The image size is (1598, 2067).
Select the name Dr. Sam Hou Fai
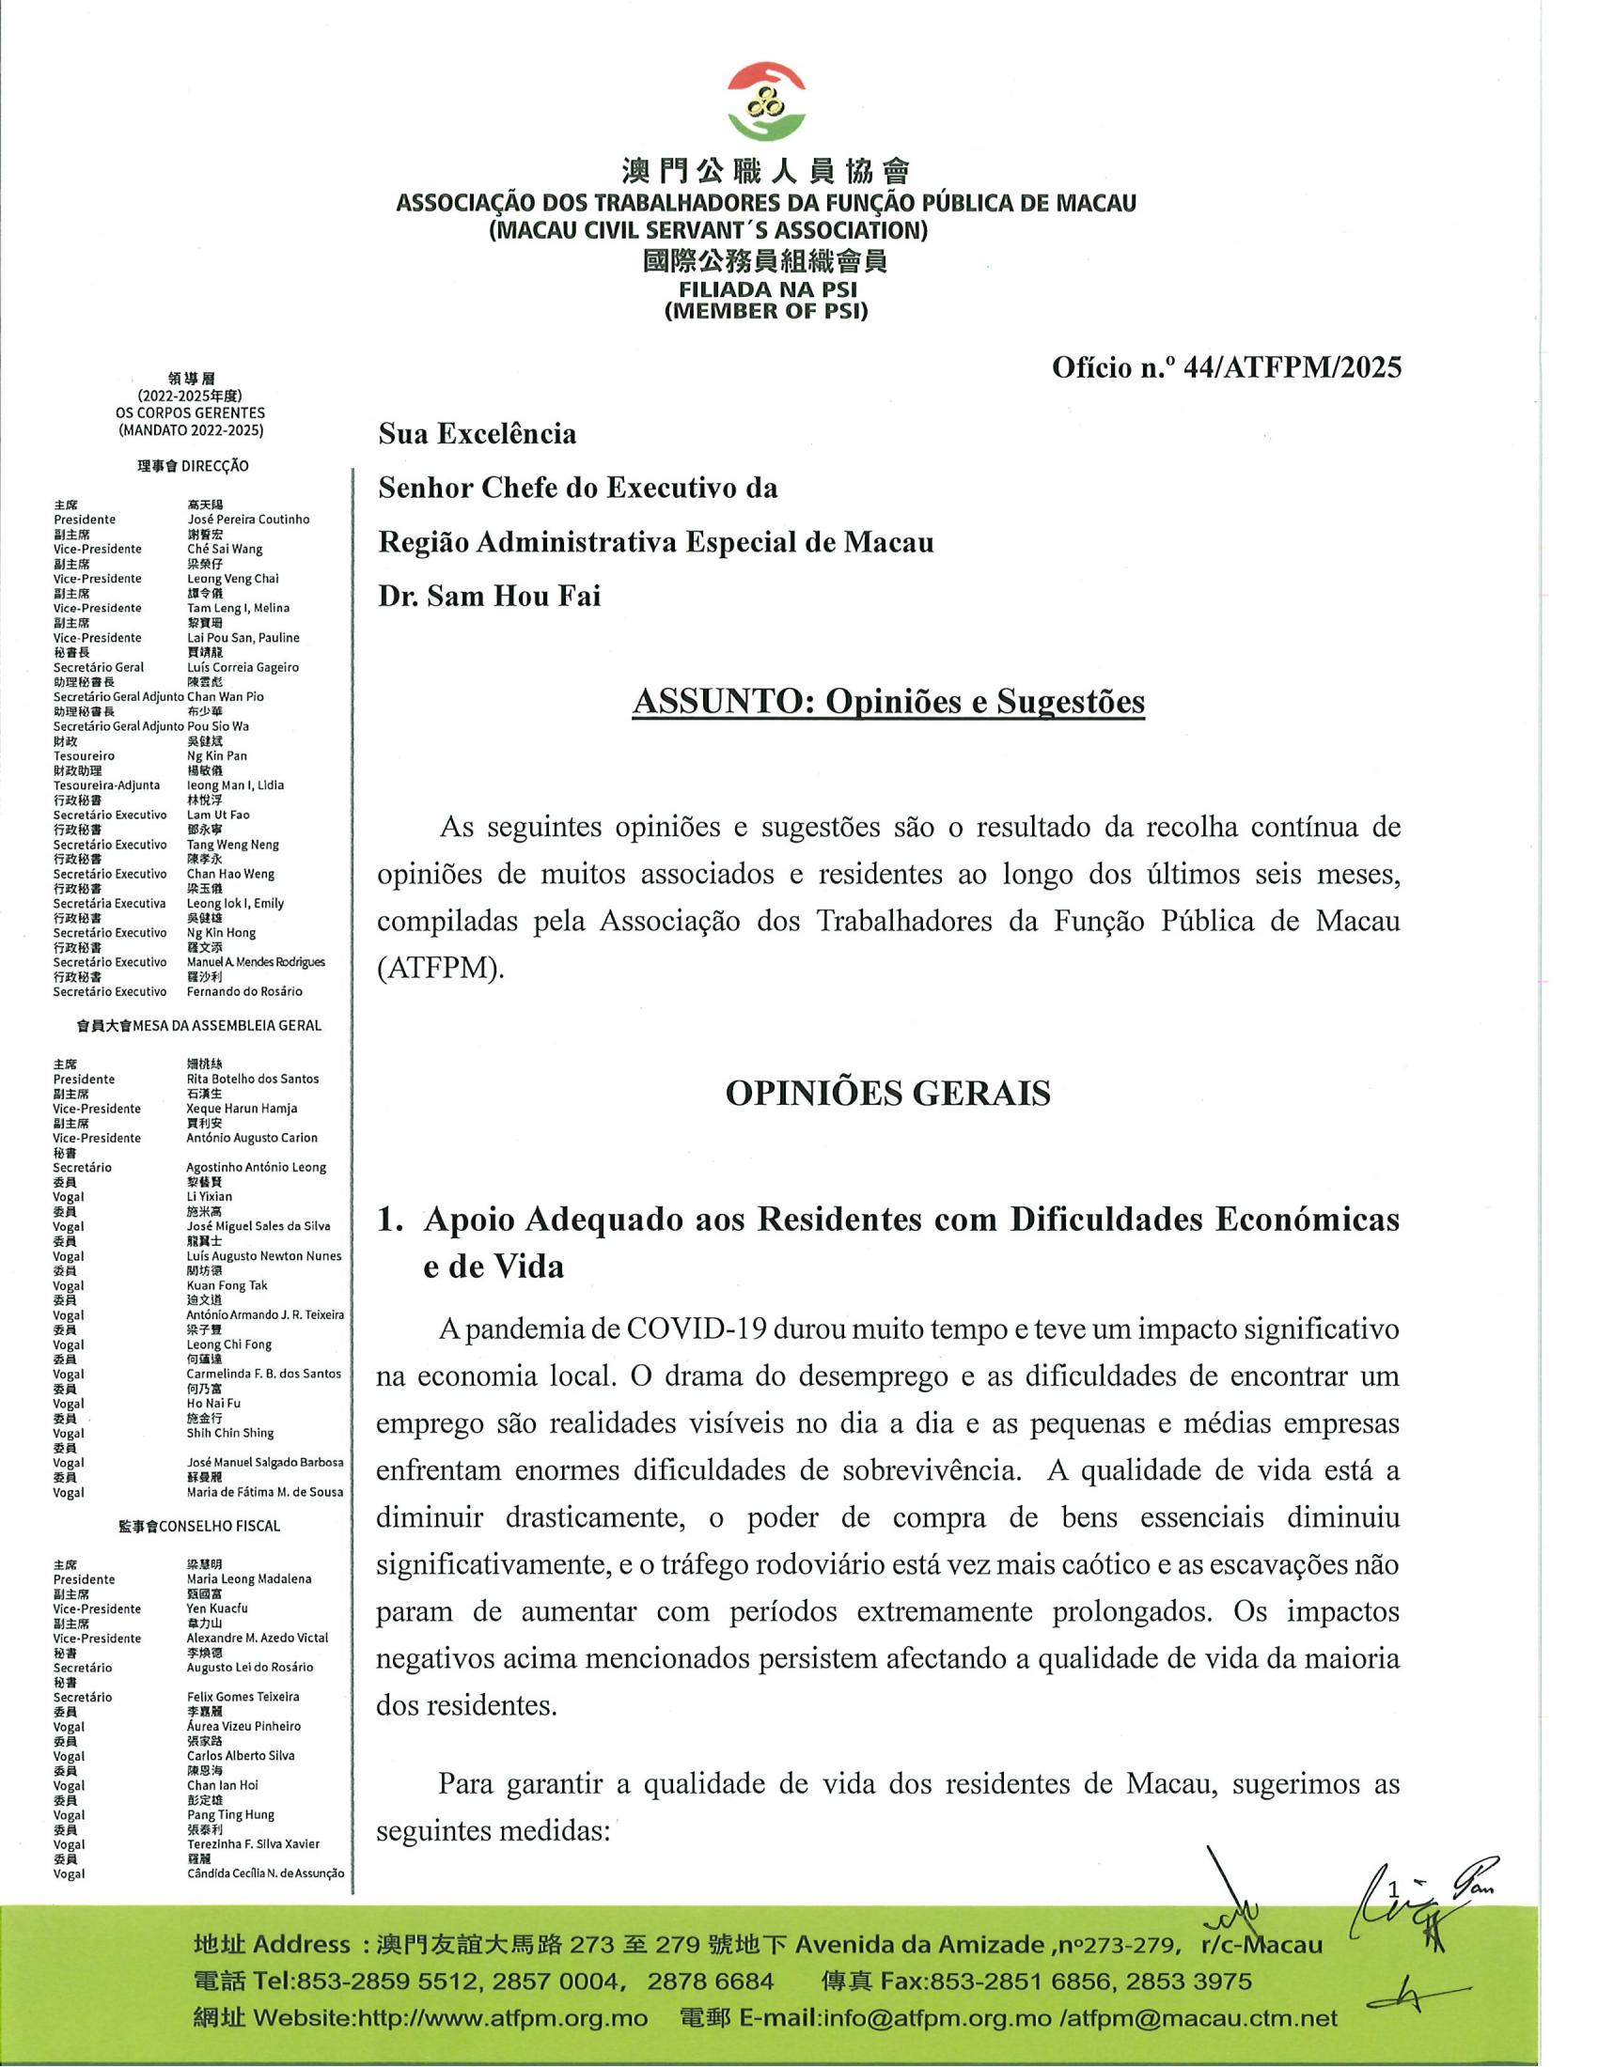pyautogui.click(x=490, y=597)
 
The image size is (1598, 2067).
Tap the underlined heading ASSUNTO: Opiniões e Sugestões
pyautogui.click(x=888, y=701)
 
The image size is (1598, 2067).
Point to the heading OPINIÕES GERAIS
pyautogui.click(x=888, y=1092)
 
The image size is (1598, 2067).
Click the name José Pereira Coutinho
pyautogui.click(x=248, y=520)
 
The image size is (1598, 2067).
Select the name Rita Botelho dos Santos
pyautogui.click(x=253, y=1079)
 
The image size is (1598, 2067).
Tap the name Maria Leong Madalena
pyautogui.click(x=249, y=1578)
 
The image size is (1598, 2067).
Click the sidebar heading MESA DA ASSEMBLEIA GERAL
pyautogui.click(x=227, y=1025)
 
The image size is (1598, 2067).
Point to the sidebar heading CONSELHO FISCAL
pyautogui.click(x=220, y=1526)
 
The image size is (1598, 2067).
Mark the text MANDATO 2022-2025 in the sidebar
pyautogui.click(x=191, y=430)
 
